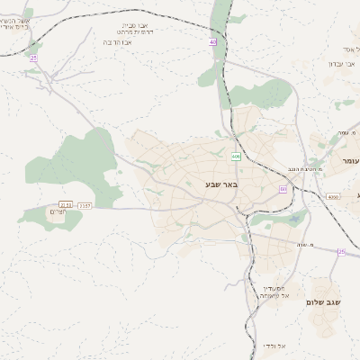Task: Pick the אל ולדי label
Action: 274,345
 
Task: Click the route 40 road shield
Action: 213,42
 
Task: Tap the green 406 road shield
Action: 236,157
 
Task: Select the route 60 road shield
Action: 283,189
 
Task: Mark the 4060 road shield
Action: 332,196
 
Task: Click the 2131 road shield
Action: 65,205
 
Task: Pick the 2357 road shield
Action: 85,205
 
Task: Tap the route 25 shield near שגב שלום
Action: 341,252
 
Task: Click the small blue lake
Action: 294,219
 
